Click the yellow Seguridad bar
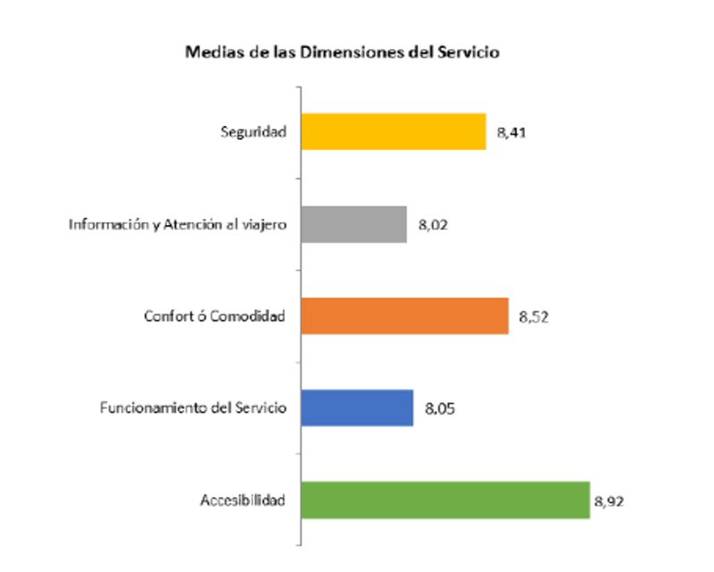click(x=394, y=131)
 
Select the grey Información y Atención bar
click(x=353, y=225)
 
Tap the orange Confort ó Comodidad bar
click(x=404, y=316)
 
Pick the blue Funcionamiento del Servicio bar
click(x=357, y=408)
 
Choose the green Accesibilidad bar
click(x=445, y=500)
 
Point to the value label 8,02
click(x=432, y=226)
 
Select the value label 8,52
click(x=534, y=317)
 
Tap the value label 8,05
click(x=439, y=409)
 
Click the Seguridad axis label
click(x=253, y=132)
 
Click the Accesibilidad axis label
click(x=242, y=500)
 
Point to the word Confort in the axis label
click(x=165, y=316)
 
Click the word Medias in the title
click(x=209, y=52)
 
